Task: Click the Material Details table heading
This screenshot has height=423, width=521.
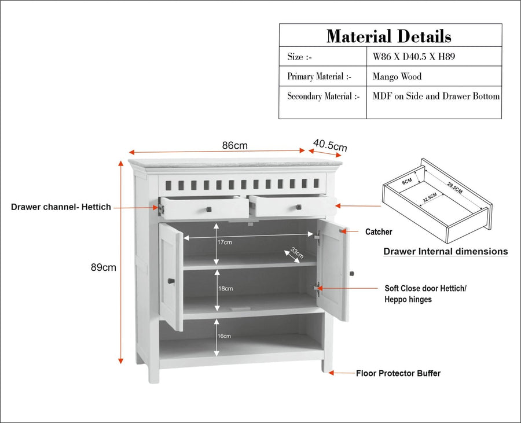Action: (x=389, y=36)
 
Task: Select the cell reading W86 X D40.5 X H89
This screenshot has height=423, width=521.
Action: (x=414, y=57)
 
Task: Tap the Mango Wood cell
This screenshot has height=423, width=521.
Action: (x=397, y=77)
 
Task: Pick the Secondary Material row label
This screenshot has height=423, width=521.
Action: (x=323, y=96)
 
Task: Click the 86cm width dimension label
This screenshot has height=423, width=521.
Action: (x=235, y=145)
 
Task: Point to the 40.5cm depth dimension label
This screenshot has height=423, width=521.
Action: (x=330, y=145)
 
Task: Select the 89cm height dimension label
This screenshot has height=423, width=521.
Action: (x=104, y=267)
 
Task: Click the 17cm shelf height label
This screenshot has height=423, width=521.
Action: (x=225, y=242)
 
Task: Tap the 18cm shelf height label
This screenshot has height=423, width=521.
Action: (x=225, y=289)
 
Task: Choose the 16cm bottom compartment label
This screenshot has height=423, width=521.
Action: (x=224, y=336)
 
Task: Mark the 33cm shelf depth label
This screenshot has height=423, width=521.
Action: (x=297, y=252)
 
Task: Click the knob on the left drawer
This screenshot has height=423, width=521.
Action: (x=208, y=209)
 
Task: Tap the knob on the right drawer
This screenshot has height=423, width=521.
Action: (x=299, y=207)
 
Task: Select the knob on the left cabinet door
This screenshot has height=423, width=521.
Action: (x=171, y=281)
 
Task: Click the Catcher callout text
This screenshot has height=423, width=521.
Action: (x=379, y=232)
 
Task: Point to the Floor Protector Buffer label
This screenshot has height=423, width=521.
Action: (x=398, y=374)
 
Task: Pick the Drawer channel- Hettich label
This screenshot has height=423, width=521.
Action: (x=61, y=207)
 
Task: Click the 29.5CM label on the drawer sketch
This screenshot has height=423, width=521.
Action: (x=454, y=187)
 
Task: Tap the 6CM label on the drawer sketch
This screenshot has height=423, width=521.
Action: (x=407, y=181)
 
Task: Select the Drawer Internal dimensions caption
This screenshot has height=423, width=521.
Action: (x=446, y=251)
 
